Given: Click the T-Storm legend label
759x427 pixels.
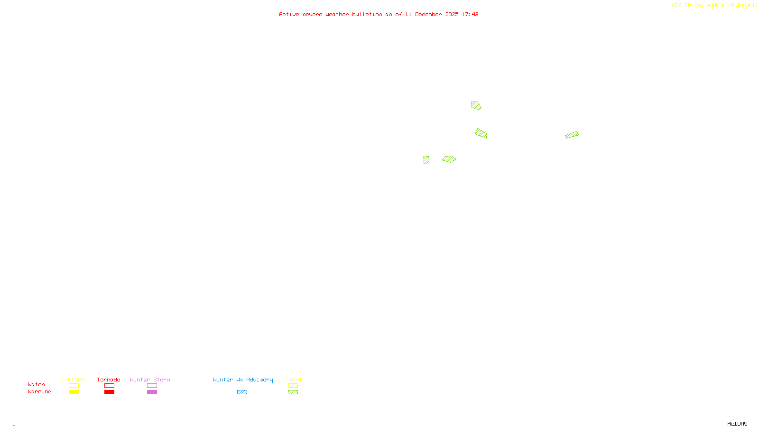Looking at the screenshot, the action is [73, 380].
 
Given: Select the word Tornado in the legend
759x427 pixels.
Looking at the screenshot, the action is [109, 380].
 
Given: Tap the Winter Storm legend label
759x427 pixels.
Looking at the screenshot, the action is [150, 380].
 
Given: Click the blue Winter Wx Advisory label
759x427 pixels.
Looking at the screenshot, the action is [243, 380].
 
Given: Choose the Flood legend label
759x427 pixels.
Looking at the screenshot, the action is [293, 380].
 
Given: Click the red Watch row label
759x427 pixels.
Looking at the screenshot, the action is [37, 384].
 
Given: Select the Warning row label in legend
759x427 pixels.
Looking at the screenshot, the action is [40, 392].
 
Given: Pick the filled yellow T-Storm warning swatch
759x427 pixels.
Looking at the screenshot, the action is [74, 392].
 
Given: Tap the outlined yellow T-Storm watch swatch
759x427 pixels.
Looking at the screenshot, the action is [74, 386].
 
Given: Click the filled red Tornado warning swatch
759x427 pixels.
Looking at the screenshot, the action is [110, 392].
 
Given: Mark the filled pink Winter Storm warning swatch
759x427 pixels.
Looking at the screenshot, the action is [152, 392].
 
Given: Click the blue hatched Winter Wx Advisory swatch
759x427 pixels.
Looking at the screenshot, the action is [242, 392].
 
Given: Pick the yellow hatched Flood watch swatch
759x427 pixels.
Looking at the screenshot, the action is [293, 386].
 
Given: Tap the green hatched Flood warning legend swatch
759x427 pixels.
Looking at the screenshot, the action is [293, 392].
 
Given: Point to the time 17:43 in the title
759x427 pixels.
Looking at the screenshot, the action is [470, 14].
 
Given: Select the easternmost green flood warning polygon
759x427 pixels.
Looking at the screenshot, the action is [572, 135].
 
